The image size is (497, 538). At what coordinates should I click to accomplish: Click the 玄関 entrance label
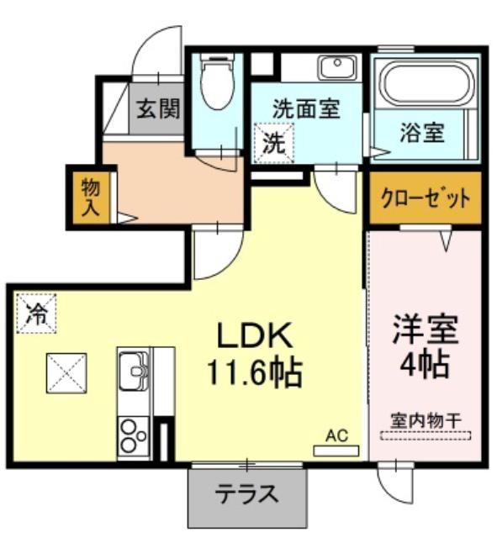point(158,108)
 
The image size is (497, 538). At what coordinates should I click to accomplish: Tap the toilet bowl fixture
point(216,82)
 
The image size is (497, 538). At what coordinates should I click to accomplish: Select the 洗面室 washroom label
point(306,108)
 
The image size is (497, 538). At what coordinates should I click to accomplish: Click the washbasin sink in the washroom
point(338,67)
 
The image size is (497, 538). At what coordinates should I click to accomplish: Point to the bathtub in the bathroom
point(427,82)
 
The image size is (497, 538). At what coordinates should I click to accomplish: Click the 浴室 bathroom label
point(422,132)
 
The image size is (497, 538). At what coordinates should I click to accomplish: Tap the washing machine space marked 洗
point(274,143)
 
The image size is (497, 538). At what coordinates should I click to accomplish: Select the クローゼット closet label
point(426,198)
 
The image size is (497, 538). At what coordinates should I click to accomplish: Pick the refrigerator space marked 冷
point(36,314)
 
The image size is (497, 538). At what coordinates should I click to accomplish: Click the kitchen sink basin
point(134,371)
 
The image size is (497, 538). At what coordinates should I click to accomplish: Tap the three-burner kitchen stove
point(133,436)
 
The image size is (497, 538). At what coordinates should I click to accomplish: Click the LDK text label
point(255,335)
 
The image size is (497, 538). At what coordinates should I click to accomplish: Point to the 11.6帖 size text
point(254,373)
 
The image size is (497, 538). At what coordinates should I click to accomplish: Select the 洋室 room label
point(426,329)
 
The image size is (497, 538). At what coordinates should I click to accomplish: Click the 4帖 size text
point(425,364)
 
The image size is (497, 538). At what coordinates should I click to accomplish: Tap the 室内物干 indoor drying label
point(426,420)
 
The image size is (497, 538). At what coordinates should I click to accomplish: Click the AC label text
point(336,435)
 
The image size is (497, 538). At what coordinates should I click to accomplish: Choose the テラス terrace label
point(246,493)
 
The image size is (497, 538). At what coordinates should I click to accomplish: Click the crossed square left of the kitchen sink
point(66,373)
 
